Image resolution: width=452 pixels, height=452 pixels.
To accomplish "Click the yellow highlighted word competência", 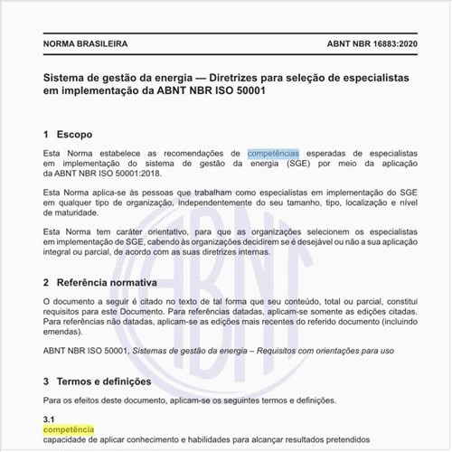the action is pos(69,430).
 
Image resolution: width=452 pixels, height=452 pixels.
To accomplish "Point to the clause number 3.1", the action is pos(50,419).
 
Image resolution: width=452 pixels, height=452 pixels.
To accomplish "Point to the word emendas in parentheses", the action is pos(65,331).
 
